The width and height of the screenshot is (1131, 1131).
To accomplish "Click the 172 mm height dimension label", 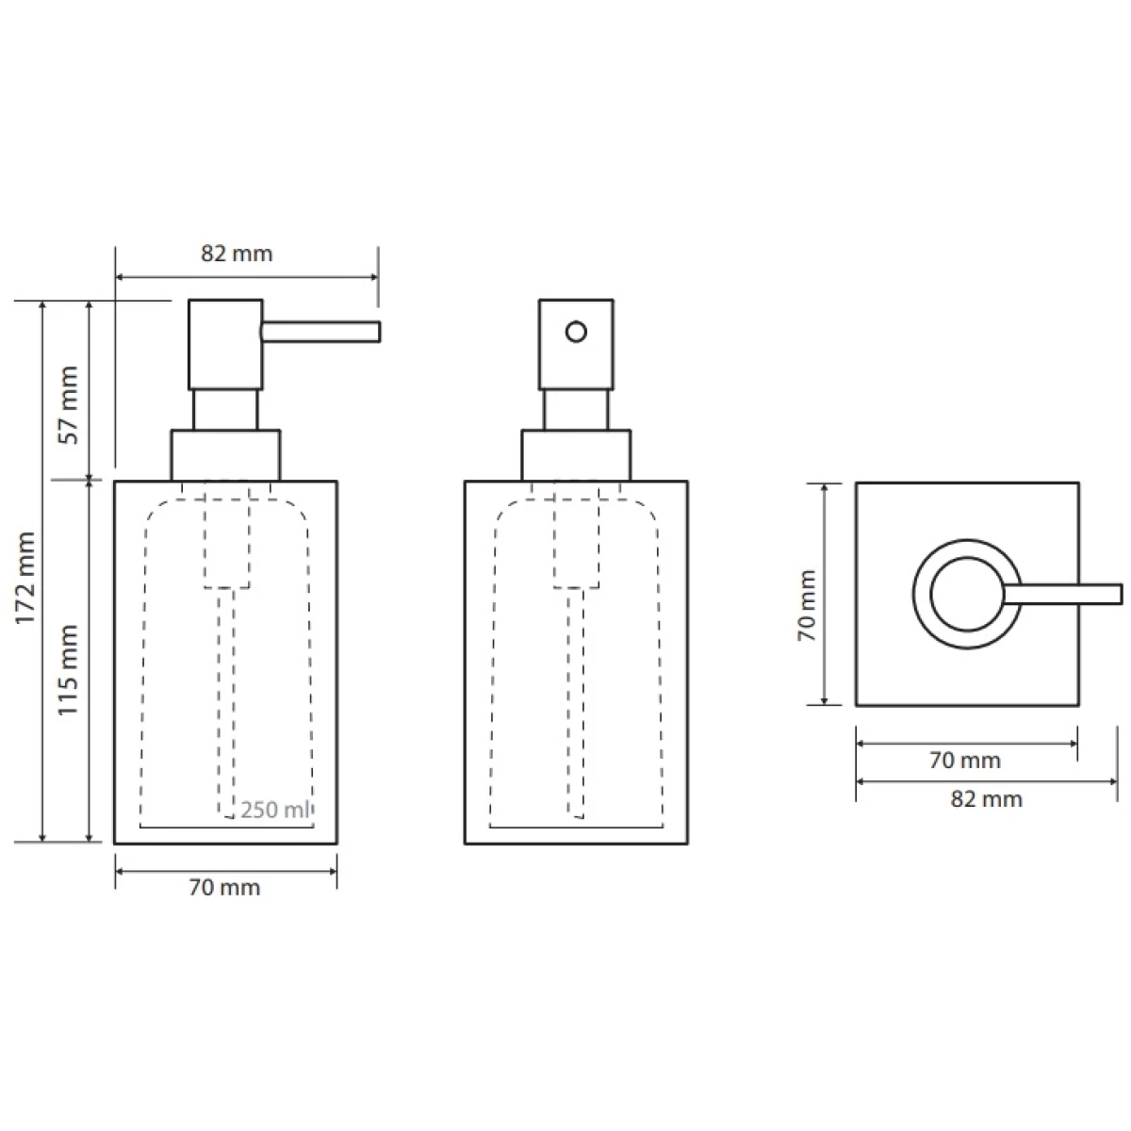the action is (25, 578).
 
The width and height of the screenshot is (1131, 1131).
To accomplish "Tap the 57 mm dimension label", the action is (70, 405).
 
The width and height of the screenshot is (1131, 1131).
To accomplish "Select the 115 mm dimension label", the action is (68, 670).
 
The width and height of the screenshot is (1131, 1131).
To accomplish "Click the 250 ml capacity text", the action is (274, 810).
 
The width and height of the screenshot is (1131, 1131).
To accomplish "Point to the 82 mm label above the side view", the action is (237, 254).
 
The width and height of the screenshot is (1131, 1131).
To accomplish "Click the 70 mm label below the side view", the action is (224, 888).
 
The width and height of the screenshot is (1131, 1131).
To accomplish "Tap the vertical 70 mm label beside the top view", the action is (808, 605).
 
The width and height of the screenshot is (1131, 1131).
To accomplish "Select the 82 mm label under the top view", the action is (986, 799).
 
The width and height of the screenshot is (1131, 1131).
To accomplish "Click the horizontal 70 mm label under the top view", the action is (965, 760).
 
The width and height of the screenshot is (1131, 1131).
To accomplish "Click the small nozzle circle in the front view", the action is (576, 332).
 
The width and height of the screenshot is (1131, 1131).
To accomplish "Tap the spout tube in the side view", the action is (320, 332).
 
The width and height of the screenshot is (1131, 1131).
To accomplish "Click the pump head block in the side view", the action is (225, 345).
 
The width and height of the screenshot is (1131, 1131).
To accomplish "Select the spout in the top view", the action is (1062, 594).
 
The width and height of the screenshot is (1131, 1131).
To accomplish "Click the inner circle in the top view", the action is (967, 594).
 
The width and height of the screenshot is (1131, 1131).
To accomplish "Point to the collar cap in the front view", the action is (576, 455).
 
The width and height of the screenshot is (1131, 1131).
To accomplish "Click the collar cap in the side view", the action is (225, 455).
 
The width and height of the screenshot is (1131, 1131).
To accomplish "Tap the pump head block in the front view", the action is (576, 345).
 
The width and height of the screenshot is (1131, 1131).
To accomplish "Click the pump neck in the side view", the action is (225, 410).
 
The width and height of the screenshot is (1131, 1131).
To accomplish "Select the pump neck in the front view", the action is (576, 410).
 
